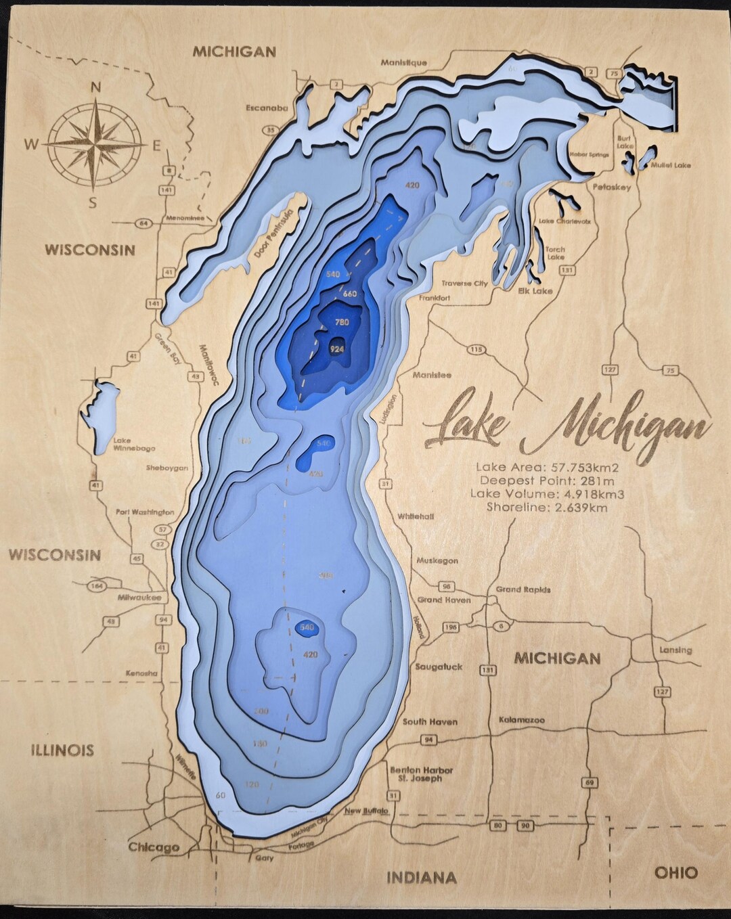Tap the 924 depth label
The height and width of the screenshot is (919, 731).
(336, 349)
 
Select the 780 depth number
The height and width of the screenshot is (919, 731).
(342, 323)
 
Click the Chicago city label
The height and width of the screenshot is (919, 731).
(154, 847)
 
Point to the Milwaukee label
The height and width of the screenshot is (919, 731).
(138, 598)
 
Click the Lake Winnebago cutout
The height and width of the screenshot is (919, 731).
(101, 413)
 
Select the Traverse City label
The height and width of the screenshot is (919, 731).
(464, 284)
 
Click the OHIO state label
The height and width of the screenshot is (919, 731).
(675, 872)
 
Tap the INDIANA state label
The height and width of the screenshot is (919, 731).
(421, 878)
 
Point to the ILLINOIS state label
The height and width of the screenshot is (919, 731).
(62, 750)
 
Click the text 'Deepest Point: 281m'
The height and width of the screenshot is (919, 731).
(547, 480)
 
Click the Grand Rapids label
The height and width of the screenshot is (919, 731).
(523, 589)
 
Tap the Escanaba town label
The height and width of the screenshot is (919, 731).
(267, 108)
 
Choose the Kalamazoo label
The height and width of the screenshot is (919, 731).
(521, 720)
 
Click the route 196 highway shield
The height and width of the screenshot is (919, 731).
(451, 627)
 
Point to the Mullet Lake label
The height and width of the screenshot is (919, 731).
(671, 165)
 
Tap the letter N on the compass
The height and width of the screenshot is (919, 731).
(96, 87)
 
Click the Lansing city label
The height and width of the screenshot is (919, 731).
(675, 650)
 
